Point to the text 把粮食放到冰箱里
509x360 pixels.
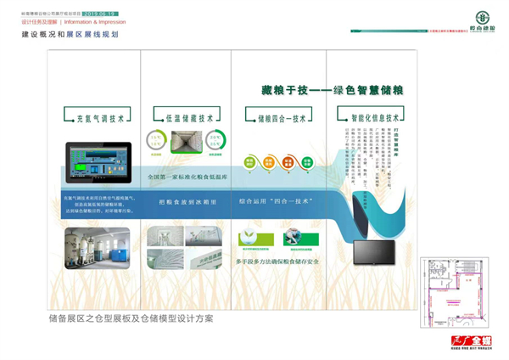click(187, 202)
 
